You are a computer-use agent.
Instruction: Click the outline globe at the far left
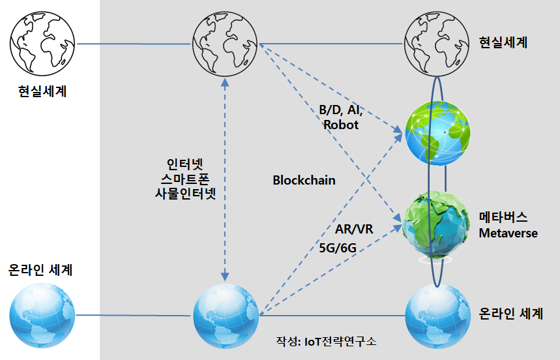click(42, 43)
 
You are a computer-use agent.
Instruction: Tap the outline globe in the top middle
click(225, 43)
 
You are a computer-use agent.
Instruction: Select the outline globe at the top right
click(436, 43)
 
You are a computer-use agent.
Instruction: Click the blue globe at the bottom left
click(42, 316)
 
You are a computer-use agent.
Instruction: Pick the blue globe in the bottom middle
click(226, 316)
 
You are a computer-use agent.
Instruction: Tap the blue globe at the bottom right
click(438, 316)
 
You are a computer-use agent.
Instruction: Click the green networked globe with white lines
click(438, 133)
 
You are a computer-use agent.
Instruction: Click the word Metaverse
click(508, 233)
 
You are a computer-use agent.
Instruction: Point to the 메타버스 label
click(503, 217)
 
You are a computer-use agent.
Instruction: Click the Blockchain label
click(304, 180)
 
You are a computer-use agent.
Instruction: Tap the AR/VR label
click(354, 229)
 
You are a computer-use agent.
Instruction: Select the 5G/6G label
click(338, 248)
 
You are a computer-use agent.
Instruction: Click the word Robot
click(341, 125)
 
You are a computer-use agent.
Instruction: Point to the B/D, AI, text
click(341, 110)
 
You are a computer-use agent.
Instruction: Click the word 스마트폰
click(185, 179)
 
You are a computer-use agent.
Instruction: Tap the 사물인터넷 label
click(185, 194)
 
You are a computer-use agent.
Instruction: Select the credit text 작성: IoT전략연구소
click(326, 341)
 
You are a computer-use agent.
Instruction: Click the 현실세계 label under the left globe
click(42, 91)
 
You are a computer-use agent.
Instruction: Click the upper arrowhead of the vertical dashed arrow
click(225, 83)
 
